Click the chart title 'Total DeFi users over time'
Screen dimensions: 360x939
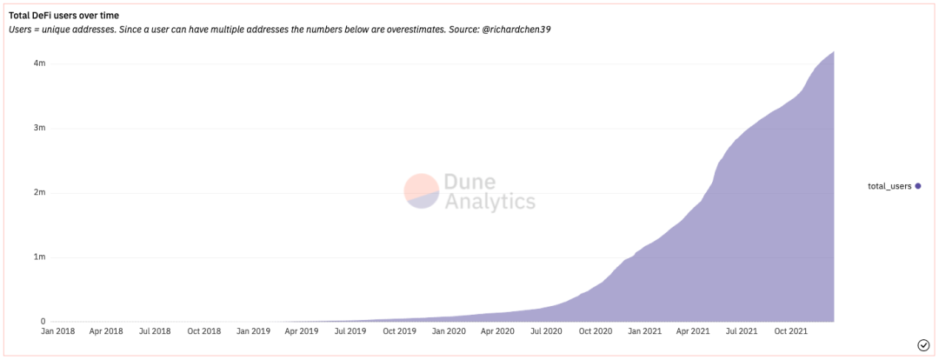pyautogui.click(x=63, y=15)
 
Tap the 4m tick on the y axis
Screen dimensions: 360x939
pyautogui.click(x=40, y=63)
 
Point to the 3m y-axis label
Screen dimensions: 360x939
pyautogui.click(x=40, y=128)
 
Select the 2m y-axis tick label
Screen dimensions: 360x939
pyautogui.click(x=40, y=192)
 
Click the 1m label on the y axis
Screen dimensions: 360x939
pyautogui.click(x=40, y=257)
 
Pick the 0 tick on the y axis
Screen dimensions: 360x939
pyautogui.click(x=43, y=322)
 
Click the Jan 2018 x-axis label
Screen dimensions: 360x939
pyautogui.click(x=59, y=331)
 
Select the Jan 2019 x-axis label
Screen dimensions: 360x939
pyautogui.click(x=255, y=331)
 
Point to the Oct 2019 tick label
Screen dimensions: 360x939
pyautogui.click(x=400, y=331)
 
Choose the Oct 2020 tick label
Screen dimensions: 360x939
pyautogui.click(x=596, y=331)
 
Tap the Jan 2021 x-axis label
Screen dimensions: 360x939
pyautogui.click(x=645, y=331)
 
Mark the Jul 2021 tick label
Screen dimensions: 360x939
pyautogui.click(x=742, y=331)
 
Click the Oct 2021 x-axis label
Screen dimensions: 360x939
pyautogui.click(x=791, y=331)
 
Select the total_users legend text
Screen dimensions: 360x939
pyautogui.click(x=889, y=186)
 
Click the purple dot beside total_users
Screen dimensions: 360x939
pyautogui.click(x=917, y=186)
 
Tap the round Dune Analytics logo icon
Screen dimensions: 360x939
pyautogui.click(x=422, y=191)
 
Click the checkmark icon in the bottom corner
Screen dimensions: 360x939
pyautogui.click(x=923, y=345)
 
